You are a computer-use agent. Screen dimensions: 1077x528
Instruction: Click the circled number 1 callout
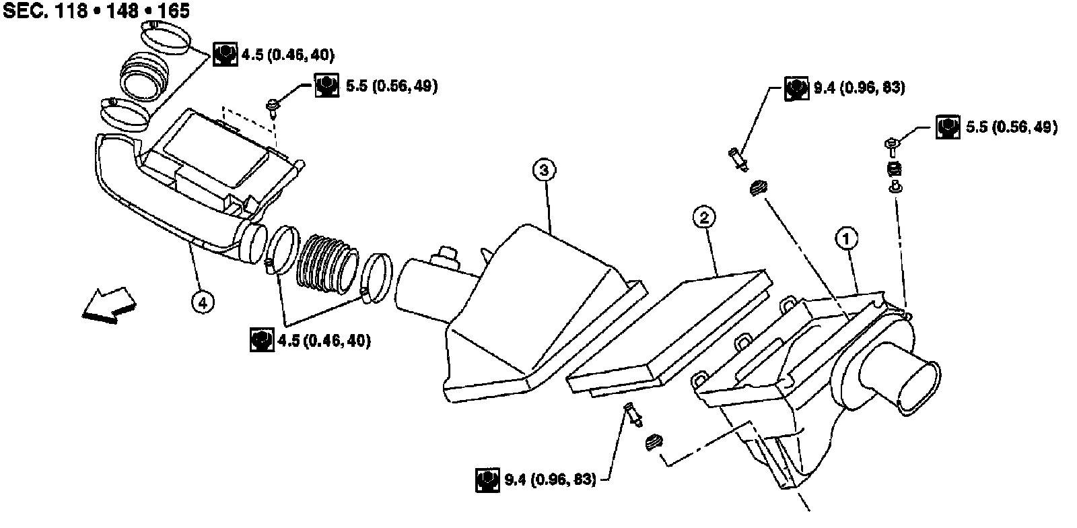tap(847, 238)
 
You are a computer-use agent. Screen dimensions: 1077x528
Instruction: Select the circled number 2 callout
tap(704, 218)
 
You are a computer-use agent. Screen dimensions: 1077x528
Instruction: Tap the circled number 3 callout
tap(544, 170)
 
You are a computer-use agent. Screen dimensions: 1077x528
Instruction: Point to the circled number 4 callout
tap(203, 302)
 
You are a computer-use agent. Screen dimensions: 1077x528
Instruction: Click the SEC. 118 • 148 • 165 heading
tap(96, 11)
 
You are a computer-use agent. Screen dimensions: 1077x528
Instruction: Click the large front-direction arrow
tap(109, 305)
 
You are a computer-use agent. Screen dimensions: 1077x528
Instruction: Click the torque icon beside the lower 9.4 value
tap(487, 480)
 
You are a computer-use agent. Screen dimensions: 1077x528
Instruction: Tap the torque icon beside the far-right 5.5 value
tap(948, 127)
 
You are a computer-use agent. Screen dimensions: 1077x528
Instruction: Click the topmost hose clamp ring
tap(165, 37)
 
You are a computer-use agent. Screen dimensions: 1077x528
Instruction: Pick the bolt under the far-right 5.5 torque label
tap(892, 147)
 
